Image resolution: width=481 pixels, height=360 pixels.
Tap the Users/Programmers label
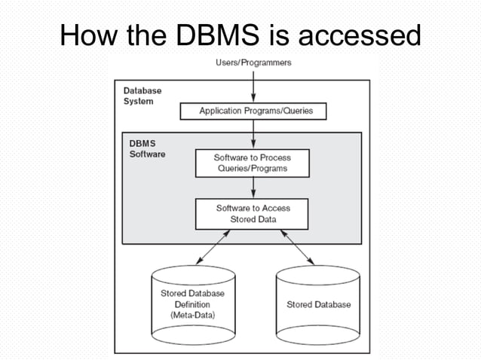coord(253,63)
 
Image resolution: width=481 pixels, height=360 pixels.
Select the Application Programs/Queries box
coord(256,111)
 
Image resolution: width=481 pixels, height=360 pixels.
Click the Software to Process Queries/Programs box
coord(251,163)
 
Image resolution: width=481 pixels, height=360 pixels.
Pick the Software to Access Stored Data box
coord(252,213)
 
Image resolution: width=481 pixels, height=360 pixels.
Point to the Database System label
coord(142,96)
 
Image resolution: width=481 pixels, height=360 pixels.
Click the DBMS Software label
coord(144,148)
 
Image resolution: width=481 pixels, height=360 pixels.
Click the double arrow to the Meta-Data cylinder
coord(212,247)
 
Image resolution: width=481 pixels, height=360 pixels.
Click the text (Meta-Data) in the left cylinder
coord(192,315)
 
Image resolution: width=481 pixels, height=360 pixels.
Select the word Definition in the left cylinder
coord(192,304)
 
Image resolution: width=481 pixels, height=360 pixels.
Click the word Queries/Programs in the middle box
coord(251,169)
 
